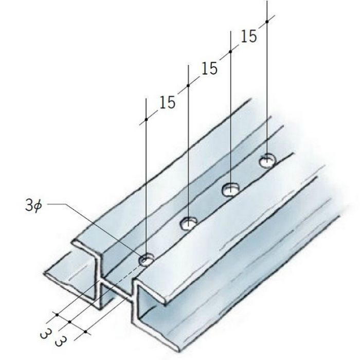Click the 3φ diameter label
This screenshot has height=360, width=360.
pyautogui.click(x=33, y=206)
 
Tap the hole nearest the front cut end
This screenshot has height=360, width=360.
pyautogui.click(x=146, y=260)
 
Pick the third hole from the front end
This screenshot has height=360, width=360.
pyautogui.click(x=230, y=189)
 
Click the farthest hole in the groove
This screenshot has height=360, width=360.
pyautogui.click(x=267, y=160)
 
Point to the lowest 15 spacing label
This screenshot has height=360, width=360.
pyautogui.click(x=167, y=102)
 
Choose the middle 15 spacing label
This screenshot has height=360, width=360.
pyautogui.click(x=209, y=68)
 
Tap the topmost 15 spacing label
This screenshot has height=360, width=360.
pyautogui.click(x=248, y=37)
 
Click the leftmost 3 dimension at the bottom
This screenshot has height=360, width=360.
pyautogui.click(x=45, y=334)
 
